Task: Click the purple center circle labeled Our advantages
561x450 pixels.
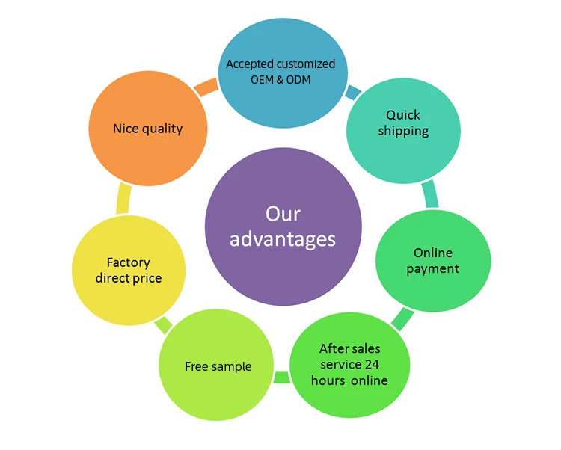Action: [x=283, y=226]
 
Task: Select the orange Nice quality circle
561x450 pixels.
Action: [x=147, y=129]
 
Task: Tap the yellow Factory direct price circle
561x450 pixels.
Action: [x=129, y=271]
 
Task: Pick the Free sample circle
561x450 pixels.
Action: [x=217, y=366]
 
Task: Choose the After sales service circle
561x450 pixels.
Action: [x=349, y=364]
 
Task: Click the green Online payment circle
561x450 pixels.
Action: [x=432, y=261]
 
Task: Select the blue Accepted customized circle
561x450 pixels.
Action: [x=280, y=72]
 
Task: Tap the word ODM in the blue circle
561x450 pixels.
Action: [x=298, y=79]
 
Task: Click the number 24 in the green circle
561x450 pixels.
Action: [x=373, y=365]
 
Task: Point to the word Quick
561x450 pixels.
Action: [x=403, y=115]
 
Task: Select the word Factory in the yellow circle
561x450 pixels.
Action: [x=129, y=262]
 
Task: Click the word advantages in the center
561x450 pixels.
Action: [x=283, y=239]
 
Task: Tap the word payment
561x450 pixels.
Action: [x=432, y=269]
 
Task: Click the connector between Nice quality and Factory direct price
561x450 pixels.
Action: [x=124, y=200]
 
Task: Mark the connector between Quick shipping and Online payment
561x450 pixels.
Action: [x=430, y=195]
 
